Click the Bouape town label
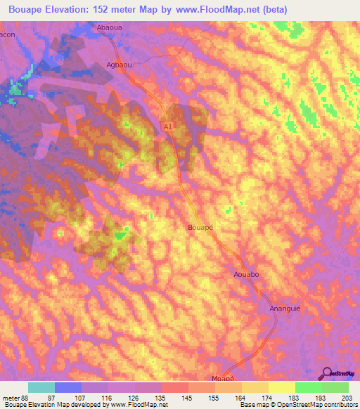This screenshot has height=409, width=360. coord(201,228)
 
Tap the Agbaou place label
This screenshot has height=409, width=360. coord(119,63)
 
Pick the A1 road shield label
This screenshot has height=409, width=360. coord(167,126)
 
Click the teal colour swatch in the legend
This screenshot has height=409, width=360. coord(41,387)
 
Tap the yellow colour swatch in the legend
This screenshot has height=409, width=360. coord(282,387)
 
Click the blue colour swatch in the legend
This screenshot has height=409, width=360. coord(68,387)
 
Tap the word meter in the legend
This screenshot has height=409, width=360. coord(10,397)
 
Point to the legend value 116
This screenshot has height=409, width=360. coord(108,397)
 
